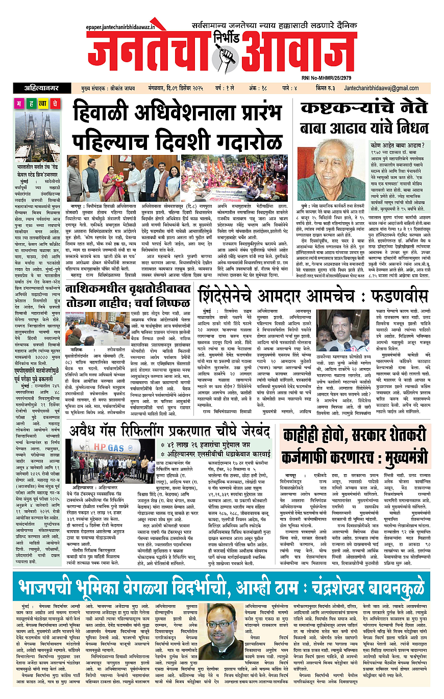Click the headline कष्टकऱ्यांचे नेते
click(x=363, y=108)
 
